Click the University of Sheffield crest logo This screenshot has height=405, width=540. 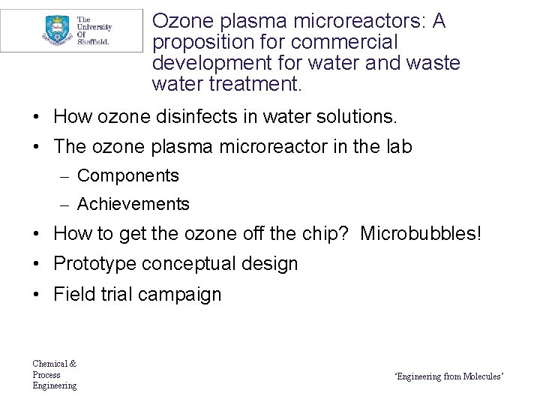click(x=54, y=30)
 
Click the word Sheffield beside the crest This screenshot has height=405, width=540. click(x=94, y=43)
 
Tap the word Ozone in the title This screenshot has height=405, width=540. click(x=179, y=22)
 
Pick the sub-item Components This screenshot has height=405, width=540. click(x=128, y=175)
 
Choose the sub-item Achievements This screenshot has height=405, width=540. click(x=133, y=204)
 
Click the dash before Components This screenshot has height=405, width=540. click(x=66, y=176)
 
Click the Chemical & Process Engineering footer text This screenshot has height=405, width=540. click(x=54, y=374)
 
